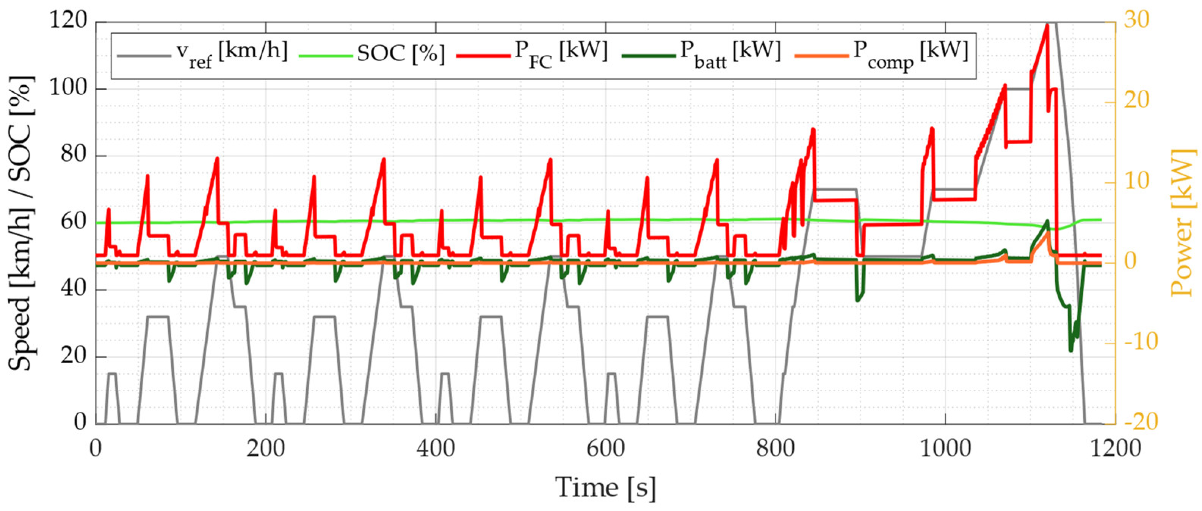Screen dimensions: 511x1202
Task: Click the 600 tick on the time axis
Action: pos(605,448)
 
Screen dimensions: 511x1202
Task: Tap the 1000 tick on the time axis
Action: pos(945,448)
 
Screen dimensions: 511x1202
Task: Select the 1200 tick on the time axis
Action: pos(1115,448)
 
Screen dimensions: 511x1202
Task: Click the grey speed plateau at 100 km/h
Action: pos(1017,89)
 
